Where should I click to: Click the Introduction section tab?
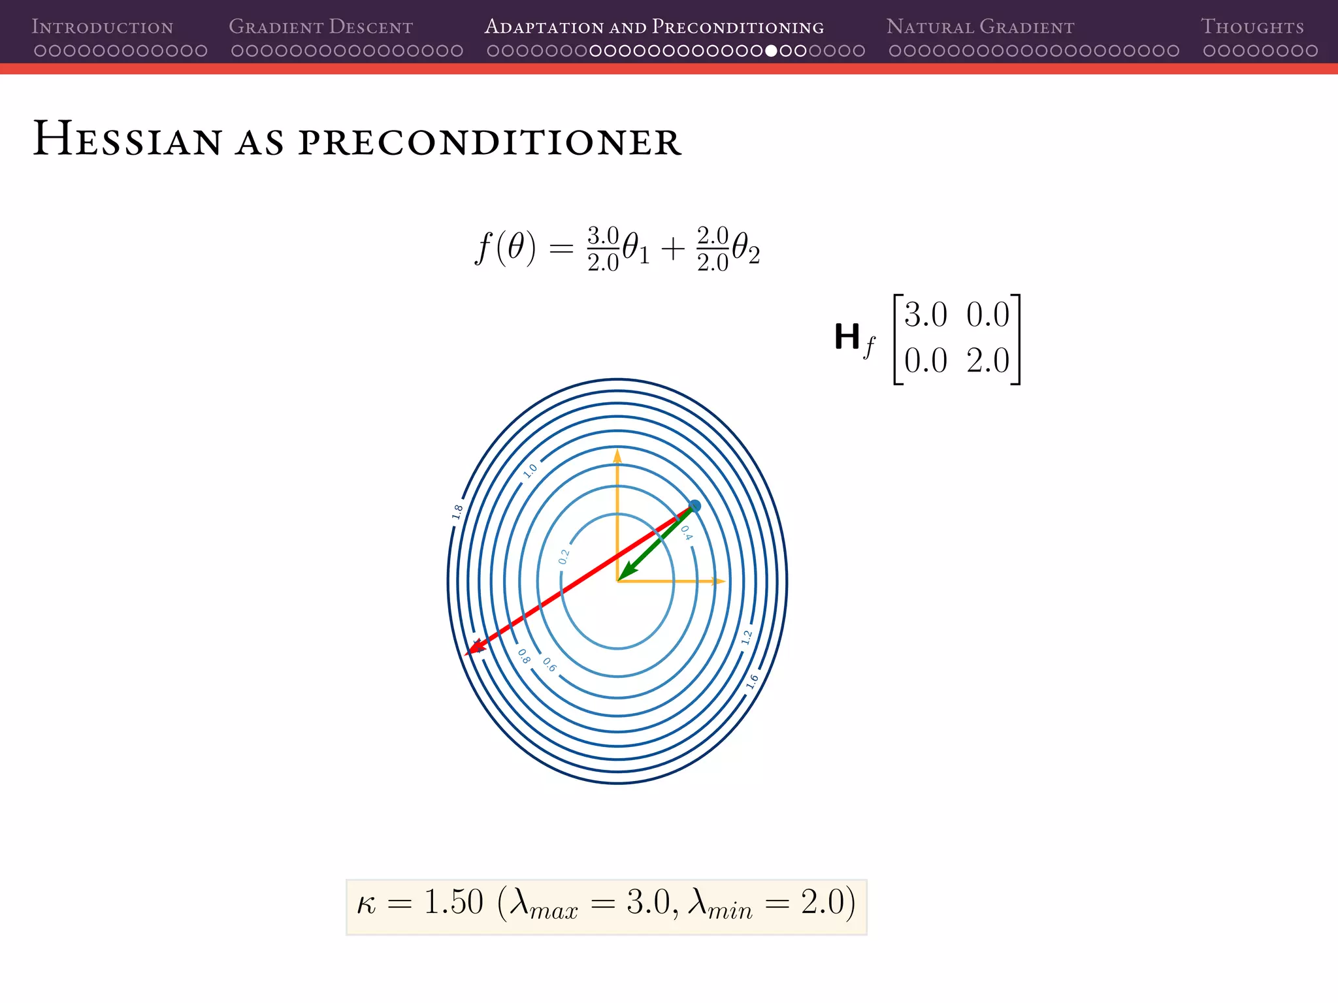103,27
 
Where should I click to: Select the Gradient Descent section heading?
320,27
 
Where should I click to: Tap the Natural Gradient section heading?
980,27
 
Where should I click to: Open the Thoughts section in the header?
1252,27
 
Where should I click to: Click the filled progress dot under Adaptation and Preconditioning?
771,51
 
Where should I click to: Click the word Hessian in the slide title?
127,140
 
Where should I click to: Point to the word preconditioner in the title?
490,141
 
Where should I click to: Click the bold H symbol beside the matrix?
847,338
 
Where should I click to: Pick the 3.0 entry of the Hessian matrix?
925,315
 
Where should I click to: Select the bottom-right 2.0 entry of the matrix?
988,360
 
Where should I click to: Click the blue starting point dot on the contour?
695,506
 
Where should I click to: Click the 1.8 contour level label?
457,512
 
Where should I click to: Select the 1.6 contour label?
752,682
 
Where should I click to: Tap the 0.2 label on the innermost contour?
564,557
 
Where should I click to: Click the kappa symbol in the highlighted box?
367,905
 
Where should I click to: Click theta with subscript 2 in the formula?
745,249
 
